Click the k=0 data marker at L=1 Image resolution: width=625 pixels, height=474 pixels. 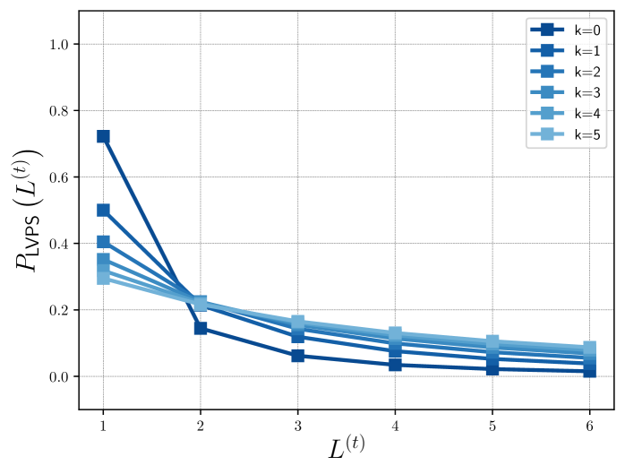coord(103,136)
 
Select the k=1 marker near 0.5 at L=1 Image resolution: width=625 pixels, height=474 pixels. coord(103,210)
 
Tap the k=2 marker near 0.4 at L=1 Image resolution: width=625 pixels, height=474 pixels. coord(103,242)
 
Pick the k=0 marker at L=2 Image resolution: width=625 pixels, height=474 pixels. coord(201,328)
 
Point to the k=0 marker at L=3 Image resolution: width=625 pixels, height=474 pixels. coord(297,356)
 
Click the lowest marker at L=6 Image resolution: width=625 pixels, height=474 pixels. coord(589,371)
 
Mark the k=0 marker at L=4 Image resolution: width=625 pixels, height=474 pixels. coord(395,365)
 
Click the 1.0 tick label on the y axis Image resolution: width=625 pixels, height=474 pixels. coord(60,44)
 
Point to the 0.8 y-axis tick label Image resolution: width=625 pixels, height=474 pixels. coord(60,110)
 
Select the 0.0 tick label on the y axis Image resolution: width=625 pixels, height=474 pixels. coord(60,376)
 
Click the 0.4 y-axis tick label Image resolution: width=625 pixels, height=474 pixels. coord(60,244)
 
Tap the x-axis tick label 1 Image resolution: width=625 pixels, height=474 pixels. coord(103,425)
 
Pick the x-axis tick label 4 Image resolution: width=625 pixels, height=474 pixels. coord(395,425)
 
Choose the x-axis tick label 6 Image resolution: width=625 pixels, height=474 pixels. coord(589,425)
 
